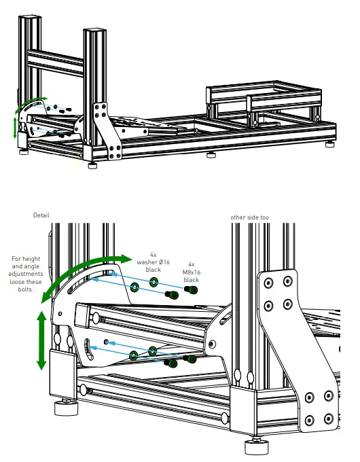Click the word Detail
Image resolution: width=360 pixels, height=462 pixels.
coord(41,215)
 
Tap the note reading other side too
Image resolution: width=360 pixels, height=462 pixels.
coord(249,217)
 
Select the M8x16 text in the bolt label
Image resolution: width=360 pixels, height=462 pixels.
coord(191,272)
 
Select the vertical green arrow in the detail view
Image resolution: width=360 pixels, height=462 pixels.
coord(41,340)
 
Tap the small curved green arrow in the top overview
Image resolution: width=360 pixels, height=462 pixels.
coord(30,103)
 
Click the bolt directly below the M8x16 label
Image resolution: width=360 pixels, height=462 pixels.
coord(192,291)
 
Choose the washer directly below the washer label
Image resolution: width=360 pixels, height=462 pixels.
coord(155,281)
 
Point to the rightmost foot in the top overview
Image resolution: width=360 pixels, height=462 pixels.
coord(330,144)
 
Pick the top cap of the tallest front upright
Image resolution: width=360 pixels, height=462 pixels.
coord(94,32)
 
